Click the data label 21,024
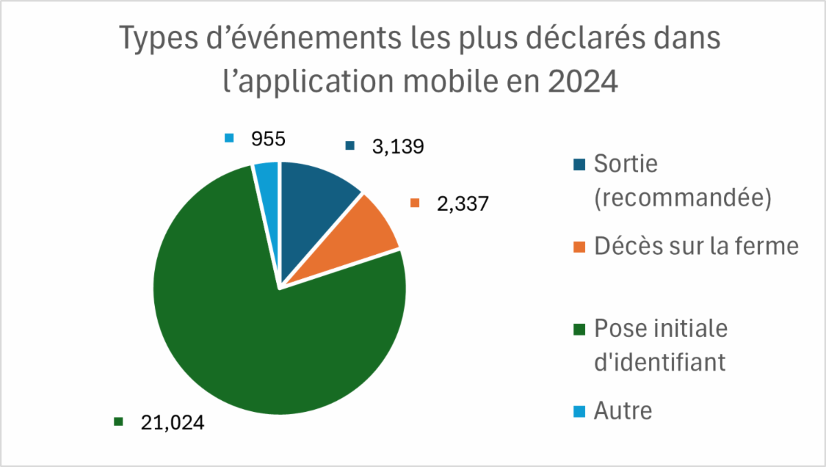tap(172, 422)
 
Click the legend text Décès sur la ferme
tap(696, 247)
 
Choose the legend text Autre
tap(623, 411)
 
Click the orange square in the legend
tap(580, 247)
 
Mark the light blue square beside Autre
tap(580, 412)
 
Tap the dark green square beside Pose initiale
tap(580, 329)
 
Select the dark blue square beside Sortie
tap(580, 165)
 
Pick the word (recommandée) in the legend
tap(682, 198)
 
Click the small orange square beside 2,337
tap(414, 204)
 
